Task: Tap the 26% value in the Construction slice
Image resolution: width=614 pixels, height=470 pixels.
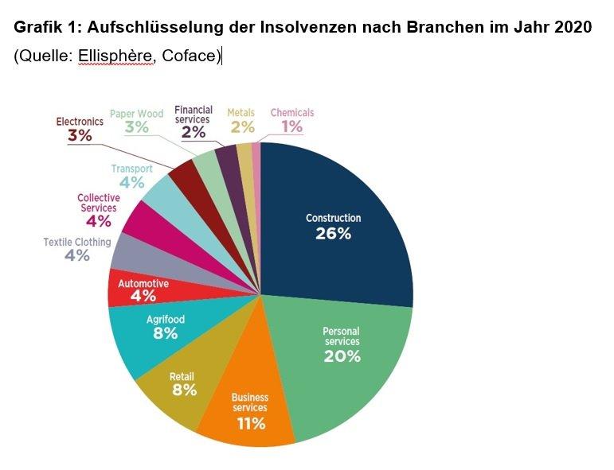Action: tap(333, 233)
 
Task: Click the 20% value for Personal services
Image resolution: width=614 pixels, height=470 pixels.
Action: tap(342, 355)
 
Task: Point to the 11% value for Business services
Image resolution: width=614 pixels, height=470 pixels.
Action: tap(250, 423)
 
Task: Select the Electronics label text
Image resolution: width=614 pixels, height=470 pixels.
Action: tap(80, 122)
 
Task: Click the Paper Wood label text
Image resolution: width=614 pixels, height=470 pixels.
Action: tap(136, 114)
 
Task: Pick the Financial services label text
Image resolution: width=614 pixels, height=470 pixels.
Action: tap(194, 115)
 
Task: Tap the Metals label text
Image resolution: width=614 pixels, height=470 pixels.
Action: tap(241, 113)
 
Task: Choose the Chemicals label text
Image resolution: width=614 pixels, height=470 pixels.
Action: tap(292, 113)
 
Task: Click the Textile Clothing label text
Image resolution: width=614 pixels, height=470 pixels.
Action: tap(77, 242)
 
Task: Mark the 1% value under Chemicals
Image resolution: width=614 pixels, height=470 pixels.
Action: tap(291, 126)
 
